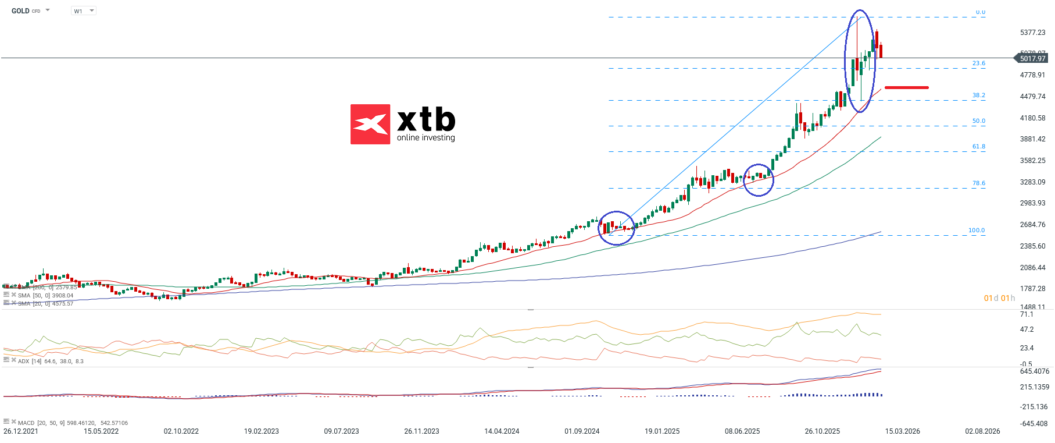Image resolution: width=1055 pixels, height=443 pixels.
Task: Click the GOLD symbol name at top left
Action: point(20,11)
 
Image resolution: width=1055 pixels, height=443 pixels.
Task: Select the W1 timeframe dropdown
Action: point(83,11)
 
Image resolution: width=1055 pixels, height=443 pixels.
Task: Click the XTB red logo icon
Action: point(370,124)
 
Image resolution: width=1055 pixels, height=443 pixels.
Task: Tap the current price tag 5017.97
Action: point(1032,58)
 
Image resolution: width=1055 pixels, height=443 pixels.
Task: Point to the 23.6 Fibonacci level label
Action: point(979,63)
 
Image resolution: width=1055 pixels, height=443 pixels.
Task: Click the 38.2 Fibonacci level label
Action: point(979,95)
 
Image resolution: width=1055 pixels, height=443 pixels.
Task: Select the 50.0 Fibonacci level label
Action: point(979,121)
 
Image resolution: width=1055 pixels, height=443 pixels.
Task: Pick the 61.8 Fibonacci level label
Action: point(979,147)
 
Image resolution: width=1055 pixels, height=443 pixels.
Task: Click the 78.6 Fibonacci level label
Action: point(979,183)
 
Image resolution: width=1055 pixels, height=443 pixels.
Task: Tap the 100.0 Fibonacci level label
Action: point(977,231)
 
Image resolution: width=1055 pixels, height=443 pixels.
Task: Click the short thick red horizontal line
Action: point(906,88)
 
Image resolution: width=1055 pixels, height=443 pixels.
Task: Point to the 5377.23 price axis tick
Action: point(1032,33)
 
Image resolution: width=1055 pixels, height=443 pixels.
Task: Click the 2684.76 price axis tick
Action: point(1032,225)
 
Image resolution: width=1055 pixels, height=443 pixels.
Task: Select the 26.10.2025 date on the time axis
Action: point(822,431)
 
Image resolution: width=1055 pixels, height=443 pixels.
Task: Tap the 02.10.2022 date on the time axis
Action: point(181,431)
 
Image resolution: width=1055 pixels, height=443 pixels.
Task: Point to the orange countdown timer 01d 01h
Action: point(999,298)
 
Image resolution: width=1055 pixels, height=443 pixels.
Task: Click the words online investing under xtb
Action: point(425,138)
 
